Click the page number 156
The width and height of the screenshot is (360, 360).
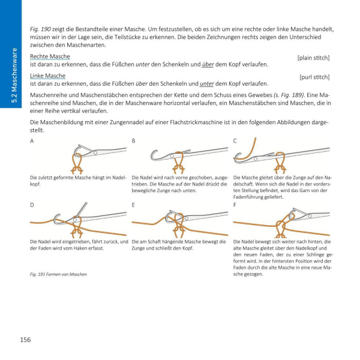(x=25, y=340)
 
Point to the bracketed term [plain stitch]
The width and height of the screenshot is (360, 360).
(x=313, y=58)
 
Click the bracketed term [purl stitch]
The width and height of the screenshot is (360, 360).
(x=314, y=77)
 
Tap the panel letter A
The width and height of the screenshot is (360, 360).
(x=32, y=140)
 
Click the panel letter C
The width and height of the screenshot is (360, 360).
(x=235, y=140)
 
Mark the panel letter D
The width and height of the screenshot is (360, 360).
(x=32, y=205)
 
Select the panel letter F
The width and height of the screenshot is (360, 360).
(x=235, y=205)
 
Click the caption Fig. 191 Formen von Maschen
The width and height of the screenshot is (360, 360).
(x=58, y=274)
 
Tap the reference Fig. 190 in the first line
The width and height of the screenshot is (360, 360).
(x=40, y=29)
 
